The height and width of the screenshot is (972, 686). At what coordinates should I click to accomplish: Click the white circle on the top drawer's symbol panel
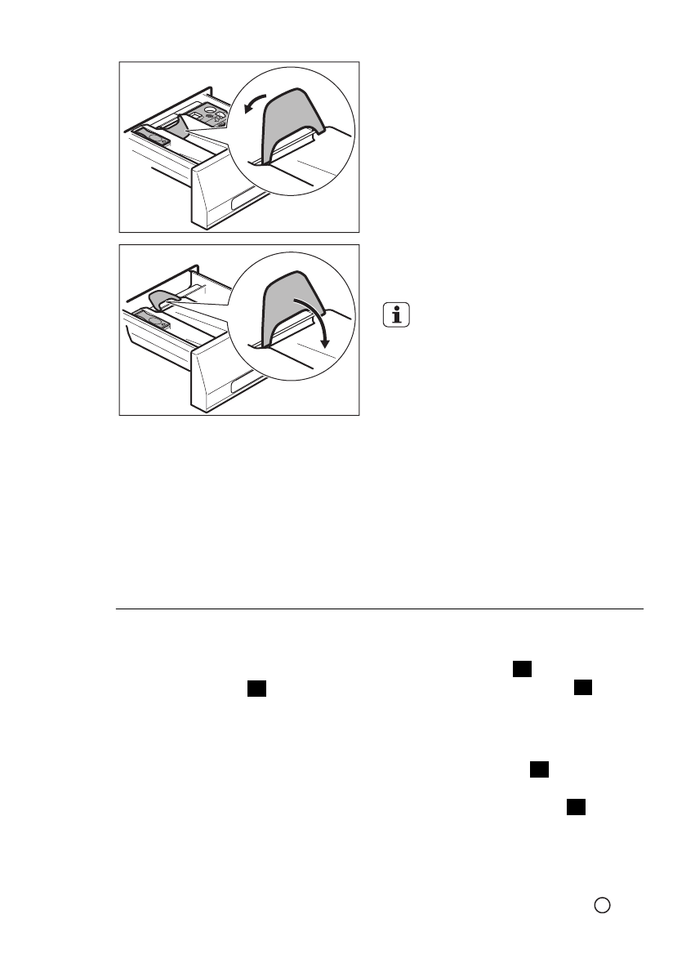211,108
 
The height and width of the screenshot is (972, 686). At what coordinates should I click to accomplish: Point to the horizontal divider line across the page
379,609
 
